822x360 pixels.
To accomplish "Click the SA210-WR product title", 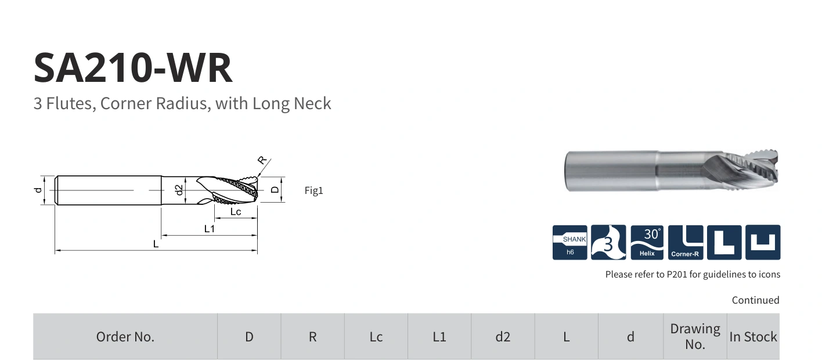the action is click(x=133, y=68).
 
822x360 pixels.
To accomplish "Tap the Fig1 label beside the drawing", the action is click(x=313, y=190).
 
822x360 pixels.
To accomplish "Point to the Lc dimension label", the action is click(x=236, y=212).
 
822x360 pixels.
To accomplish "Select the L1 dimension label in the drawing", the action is click(x=209, y=229).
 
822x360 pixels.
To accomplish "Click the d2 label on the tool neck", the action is click(x=179, y=190).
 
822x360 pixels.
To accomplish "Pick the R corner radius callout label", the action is click(x=262, y=160).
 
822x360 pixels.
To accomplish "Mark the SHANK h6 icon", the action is click(x=570, y=242).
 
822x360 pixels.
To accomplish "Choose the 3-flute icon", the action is click(x=608, y=242).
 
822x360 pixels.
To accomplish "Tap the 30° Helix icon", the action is click(x=647, y=242).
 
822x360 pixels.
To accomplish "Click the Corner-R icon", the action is click(x=686, y=242).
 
